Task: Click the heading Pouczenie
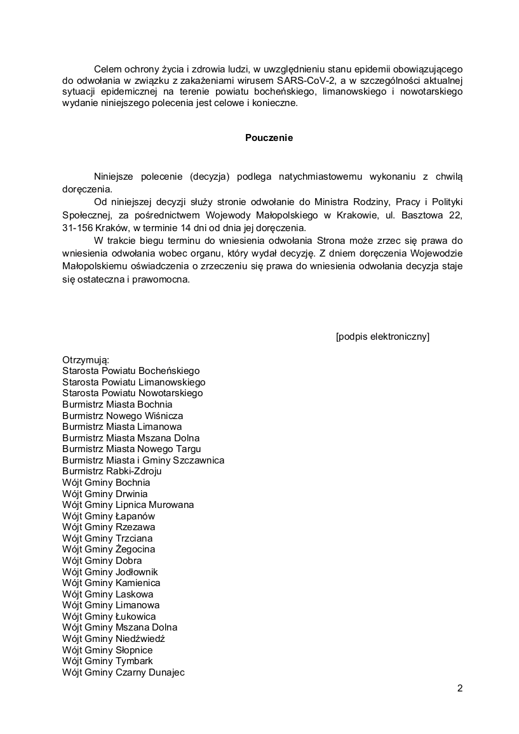pos(269,138)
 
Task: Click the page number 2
pos(459,689)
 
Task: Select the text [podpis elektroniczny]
pos(382,337)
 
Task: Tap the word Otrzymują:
pos(86,360)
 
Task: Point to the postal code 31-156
pos(79,227)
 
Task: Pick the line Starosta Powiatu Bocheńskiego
pos(131,371)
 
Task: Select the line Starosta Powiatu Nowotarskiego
pos(132,393)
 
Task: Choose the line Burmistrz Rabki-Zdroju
pos(112,471)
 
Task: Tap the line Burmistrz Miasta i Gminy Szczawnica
pos(143,460)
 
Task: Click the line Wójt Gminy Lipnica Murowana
pos(128,505)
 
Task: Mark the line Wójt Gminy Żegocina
pos(109,549)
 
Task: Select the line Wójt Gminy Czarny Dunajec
pos(123,672)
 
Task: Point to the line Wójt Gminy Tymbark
pos(107,661)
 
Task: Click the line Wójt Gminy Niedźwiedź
pos(114,639)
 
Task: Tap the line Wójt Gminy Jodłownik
pos(110,571)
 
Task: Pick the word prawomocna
pos(160,278)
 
